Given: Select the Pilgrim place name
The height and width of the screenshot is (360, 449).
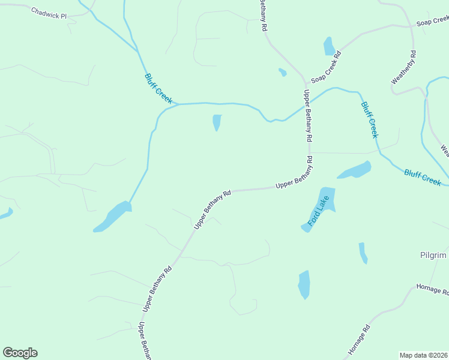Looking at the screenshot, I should pyautogui.click(x=433, y=256).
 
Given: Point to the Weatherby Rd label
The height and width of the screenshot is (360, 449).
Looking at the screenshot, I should pyautogui.click(x=404, y=67).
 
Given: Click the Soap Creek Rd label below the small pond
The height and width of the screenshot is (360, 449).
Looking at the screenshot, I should pyautogui.click(x=326, y=67).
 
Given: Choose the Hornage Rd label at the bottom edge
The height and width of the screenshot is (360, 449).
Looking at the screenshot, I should pyautogui.click(x=360, y=339).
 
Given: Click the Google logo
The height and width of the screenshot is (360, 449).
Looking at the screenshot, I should pyautogui.click(x=20, y=353).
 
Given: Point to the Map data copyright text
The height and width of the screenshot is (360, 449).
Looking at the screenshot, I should pyautogui.click(x=424, y=355).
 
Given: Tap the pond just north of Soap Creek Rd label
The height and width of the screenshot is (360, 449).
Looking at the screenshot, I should pyautogui.click(x=329, y=46).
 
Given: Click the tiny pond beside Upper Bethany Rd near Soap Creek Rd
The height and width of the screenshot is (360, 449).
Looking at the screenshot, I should pyautogui.click(x=282, y=73).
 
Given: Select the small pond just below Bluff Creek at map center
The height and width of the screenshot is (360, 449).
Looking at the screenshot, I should pyautogui.click(x=217, y=122).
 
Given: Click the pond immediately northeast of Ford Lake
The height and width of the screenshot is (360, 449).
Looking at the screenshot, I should pyautogui.click(x=355, y=170).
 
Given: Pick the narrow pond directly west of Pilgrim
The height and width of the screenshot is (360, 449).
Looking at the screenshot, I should pyautogui.click(x=363, y=253).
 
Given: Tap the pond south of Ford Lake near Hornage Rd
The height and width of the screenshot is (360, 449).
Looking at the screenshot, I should pyautogui.click(x=304, y=284).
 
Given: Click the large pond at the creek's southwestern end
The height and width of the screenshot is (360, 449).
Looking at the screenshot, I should pyautogui.click(x=112, y=217).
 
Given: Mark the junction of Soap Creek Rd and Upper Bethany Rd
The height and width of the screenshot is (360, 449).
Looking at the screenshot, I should pyautogui.click(x=306, y=83).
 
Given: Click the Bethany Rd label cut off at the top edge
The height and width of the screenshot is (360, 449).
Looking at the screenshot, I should pyautogui.click(x=262, y=15).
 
